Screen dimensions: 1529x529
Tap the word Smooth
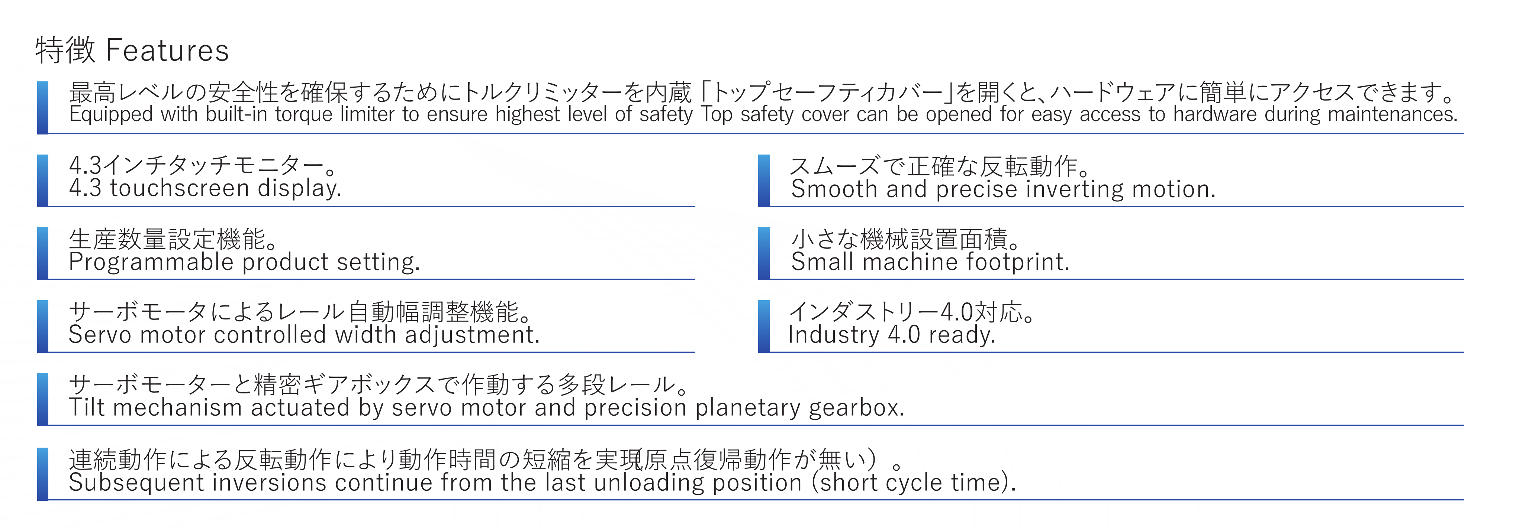click(834, 189)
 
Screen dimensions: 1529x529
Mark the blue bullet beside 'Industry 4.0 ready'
click(764, 326)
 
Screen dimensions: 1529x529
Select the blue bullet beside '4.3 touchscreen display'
click(43, 180)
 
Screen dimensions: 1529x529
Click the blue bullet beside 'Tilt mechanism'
click(43, 399)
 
